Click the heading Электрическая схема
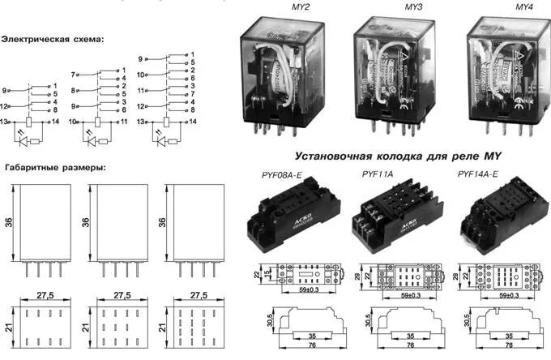coord(53,38)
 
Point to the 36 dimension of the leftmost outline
coord(9,221)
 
